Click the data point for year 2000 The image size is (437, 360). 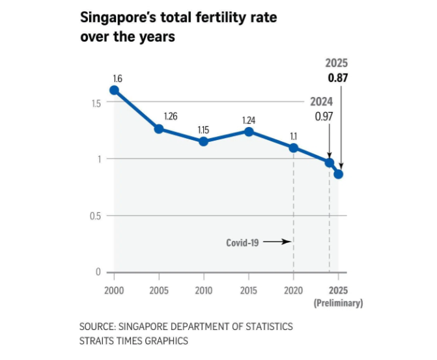(114, 90)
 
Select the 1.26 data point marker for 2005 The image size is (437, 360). (159, 128)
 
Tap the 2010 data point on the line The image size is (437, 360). (203, 141)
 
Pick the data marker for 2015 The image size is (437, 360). (248, 132)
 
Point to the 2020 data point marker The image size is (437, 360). (293, 148)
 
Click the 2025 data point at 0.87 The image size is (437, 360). (338, 174)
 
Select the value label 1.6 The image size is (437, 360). (117, 78)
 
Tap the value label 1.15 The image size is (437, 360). (204, 130)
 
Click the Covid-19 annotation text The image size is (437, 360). (242, 242)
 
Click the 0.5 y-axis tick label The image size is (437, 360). (95, 216)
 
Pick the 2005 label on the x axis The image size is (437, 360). (159, 290)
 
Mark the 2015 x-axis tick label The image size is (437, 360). (248, 290)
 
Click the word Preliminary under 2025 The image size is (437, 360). (339, 303)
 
